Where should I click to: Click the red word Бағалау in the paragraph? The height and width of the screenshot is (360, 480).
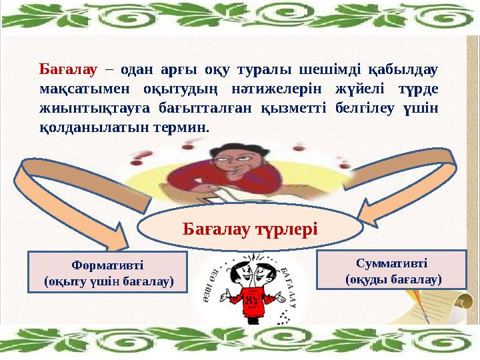tap(69, 69)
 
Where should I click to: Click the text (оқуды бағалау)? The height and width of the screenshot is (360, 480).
tap(393, 279)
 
